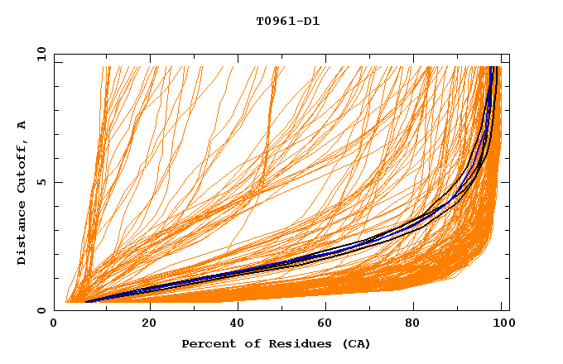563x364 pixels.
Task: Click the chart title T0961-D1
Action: [287, 21]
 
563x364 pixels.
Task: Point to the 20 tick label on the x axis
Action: [150, 323]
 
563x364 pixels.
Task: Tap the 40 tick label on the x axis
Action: [239, 323]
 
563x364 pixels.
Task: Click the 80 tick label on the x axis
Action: [419, 323]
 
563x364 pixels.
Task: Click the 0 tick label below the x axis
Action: [55, 323]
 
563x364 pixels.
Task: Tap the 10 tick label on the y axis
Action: [41, 55]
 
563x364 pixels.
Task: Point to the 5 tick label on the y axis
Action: [41, 183]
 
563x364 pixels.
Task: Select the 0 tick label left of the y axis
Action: [41, 311]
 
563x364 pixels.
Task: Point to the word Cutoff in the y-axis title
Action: [22, 166]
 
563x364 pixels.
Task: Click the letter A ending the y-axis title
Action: [22, 125]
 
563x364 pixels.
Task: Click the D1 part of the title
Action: [312, 21]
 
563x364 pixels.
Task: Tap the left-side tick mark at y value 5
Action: [57, 183]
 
